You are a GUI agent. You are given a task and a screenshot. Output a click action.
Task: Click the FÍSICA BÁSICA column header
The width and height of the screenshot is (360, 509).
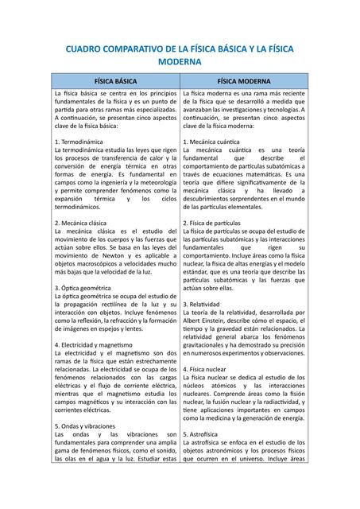point(115,81)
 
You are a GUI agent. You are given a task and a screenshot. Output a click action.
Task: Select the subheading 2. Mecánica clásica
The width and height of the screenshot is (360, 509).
point(85,223)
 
